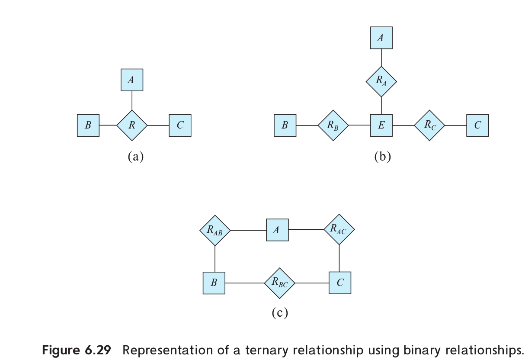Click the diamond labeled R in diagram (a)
coord(132,125)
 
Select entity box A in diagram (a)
coord(132,80)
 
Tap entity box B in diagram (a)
coord(88,125)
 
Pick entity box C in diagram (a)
coord(180,125)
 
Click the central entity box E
coord(381,125)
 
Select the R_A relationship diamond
coord(381,81)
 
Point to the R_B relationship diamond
coord(333,125)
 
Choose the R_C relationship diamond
coord(429,125)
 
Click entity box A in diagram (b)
coord(381,38)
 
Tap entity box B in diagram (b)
coord(285,125)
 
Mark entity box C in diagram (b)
coord(477,125)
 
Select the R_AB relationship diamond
coord(215,230)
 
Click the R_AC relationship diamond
coord(339,229)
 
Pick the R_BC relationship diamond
coord(279,283)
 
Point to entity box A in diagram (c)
coord(277,230)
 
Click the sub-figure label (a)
coord(135,157)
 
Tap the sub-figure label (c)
coord(279,312)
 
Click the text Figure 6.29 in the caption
coord(76,350)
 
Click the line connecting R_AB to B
coord(215,259)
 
